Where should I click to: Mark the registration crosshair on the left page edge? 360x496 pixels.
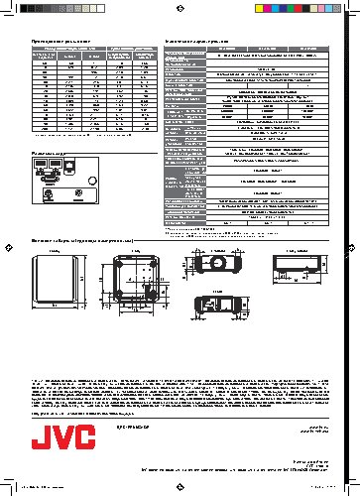7,248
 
